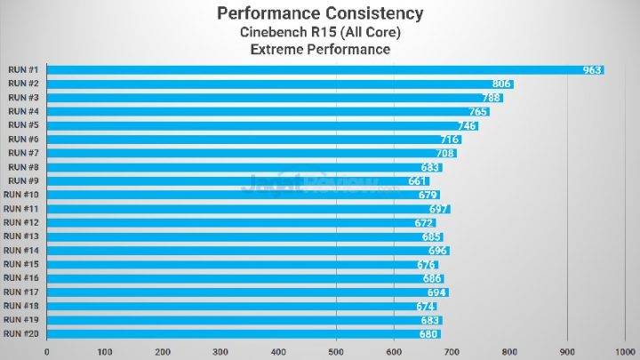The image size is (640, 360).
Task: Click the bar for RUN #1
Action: (x=324, y=69)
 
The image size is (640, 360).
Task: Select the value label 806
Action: (x=501, y=84)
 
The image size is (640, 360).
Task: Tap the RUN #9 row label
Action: (x=22, y=180)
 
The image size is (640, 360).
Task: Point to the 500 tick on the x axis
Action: (x=336, y=351)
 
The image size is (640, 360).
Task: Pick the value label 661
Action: (x=418, y=180)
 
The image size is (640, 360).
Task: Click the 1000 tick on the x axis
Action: (x=623, y=351)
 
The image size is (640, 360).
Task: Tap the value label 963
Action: (x=592, y=69)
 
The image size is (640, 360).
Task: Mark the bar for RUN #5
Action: (x=262, y=125)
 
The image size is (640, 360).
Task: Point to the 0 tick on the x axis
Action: (x=46, y=351)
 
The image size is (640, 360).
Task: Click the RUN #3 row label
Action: (x=22, y=97)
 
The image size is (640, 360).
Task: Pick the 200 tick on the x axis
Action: (x=163, y=351)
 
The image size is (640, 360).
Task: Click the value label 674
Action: (x=426, y=306)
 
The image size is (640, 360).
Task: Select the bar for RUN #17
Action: (x=246, y=292)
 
